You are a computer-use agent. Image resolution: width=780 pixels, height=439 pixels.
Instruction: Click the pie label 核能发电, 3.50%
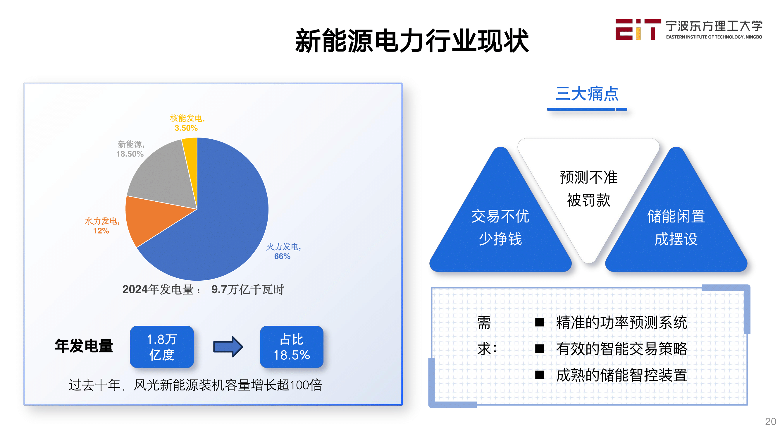[187, 123]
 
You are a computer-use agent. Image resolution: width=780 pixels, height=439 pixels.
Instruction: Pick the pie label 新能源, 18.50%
[130, 149]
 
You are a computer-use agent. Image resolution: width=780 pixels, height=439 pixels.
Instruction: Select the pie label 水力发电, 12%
[102, 226]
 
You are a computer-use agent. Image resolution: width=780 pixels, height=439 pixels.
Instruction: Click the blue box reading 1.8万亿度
[162, 347]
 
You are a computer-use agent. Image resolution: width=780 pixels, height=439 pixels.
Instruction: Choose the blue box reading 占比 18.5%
[292, 347]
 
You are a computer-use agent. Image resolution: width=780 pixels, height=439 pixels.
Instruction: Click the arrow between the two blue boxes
[228, 347]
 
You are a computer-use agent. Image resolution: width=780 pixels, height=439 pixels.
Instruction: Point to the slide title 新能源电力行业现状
[412, 41]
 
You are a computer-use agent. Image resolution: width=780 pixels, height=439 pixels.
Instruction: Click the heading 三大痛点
[587, 93]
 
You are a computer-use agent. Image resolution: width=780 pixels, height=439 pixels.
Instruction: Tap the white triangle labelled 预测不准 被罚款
[588, 188]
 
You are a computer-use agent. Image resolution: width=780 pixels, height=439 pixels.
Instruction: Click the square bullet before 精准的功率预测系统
[539, 322]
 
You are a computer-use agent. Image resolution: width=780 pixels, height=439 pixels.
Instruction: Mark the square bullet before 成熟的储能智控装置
[539, 375]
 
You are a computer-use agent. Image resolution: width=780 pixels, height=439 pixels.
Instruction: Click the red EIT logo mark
[638, 29]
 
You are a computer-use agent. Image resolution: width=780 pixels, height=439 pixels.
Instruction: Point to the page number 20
[770, 421]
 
